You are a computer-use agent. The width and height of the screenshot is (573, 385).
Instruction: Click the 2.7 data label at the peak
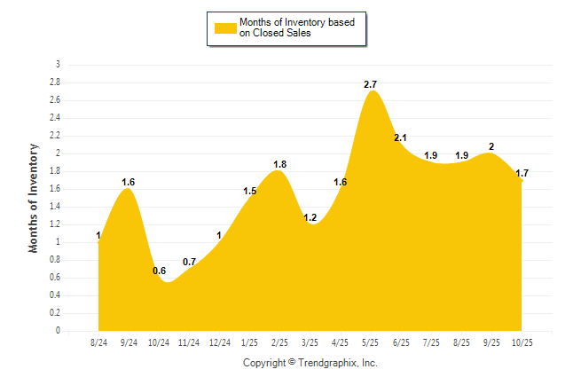371,84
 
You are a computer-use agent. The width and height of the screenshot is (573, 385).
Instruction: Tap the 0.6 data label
160,271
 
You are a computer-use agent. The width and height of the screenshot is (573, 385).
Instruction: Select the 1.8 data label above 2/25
279,164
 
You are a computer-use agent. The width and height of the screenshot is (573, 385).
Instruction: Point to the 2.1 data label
400,137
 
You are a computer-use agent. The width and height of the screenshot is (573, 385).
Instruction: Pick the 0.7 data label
190,262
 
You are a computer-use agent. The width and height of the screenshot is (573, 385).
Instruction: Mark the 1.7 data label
521,173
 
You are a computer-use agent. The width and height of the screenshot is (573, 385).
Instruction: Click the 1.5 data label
249,191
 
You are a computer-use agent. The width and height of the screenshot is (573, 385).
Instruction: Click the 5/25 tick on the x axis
371,342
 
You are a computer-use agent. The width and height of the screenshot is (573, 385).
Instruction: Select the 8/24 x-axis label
99,342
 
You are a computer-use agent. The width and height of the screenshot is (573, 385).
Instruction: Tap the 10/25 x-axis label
522,342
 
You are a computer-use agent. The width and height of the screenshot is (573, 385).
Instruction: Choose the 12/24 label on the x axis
219,342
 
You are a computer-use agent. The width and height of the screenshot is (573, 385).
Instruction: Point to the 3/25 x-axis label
310,342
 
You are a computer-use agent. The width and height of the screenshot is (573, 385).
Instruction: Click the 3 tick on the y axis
58,65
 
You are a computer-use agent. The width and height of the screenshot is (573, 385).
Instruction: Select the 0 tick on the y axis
58,331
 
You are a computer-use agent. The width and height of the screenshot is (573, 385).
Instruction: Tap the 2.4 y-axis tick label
54,118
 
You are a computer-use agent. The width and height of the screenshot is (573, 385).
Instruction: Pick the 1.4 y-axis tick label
54,207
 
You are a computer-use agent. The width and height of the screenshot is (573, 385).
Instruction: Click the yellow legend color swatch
225,28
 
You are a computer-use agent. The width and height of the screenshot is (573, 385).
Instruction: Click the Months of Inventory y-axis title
34,198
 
